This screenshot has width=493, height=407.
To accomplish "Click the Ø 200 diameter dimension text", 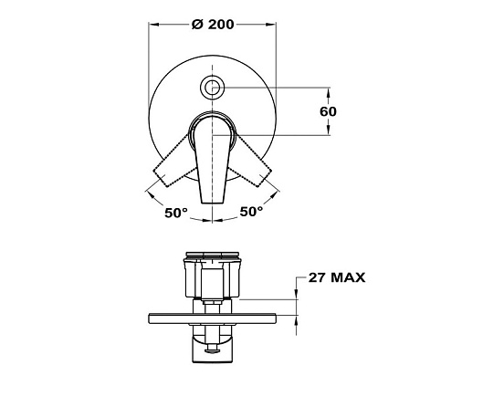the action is click(x=213, y=25).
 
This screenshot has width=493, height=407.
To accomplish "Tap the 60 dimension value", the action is click(x=328, y=111).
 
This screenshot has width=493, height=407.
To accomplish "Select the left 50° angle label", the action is click(x=176, y=213).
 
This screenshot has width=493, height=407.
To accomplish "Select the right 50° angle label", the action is click(x=251, y=212).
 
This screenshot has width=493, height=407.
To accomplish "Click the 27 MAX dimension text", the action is click(x=336, y=277).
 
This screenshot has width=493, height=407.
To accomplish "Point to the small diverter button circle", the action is click(x=213, y=87).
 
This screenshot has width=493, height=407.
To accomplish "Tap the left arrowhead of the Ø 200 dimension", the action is click(x=153, y=25).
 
